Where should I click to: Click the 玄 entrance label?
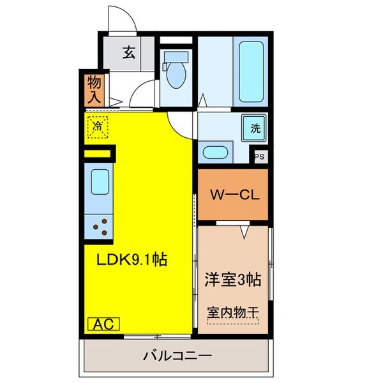[x=129, y=53]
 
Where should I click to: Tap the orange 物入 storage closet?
[x=94, y=89]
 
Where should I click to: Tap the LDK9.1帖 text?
[x=131, y=260]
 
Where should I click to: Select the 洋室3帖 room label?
[x=232, y=279]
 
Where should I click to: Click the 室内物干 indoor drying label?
[x=232, y=313]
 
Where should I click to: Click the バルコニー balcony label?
[x=177, y=355]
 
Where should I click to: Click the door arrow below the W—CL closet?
[x=243, y=231]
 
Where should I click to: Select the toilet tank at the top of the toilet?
[x=174, y=57]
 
